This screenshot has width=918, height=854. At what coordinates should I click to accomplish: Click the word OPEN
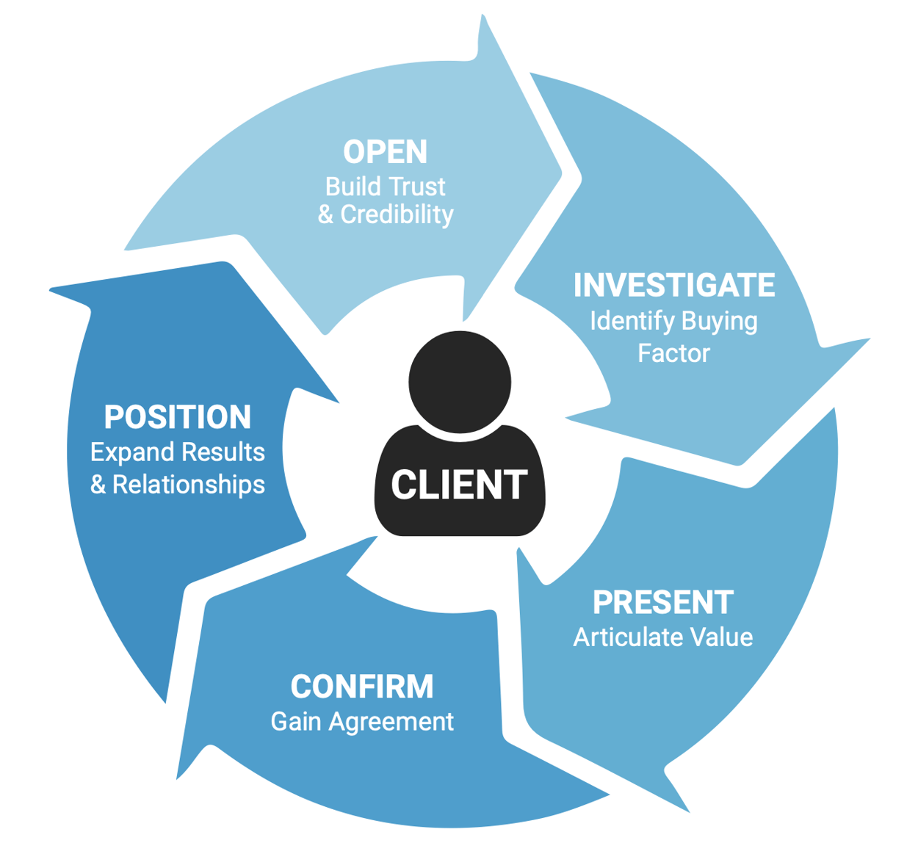(x=385, y=152)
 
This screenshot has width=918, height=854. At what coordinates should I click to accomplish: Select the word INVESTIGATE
(x=673, y=285)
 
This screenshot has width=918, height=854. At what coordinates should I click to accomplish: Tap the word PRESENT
(x=662, y=602)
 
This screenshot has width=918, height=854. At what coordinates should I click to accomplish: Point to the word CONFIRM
(x=362, y=687)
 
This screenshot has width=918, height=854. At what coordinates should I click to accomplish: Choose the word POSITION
(x=178, y=417)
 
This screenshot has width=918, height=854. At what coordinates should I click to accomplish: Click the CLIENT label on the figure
(x=459, y=485)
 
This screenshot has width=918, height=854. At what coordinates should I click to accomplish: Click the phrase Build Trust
(x=385, y=187)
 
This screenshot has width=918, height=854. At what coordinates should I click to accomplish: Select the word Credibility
(x=397, y=214)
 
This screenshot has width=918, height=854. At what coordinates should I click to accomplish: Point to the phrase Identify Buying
(x=673, y=321)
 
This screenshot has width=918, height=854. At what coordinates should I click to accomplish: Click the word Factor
(x=673, y=353)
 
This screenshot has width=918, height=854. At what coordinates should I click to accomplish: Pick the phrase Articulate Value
(x=662, y=637)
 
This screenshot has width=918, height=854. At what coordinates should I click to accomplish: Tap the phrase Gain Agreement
(x=362, y=721)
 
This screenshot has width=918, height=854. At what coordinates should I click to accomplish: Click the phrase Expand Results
(x=178, y=452)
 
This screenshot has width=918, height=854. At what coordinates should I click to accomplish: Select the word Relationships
(x=189, y=485)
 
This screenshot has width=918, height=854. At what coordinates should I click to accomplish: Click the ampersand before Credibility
(x=325, y=214)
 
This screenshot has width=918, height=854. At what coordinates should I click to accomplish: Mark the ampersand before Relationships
(x=98, y=485)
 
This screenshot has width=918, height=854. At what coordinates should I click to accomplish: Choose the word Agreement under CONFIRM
(x=391, y=721)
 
